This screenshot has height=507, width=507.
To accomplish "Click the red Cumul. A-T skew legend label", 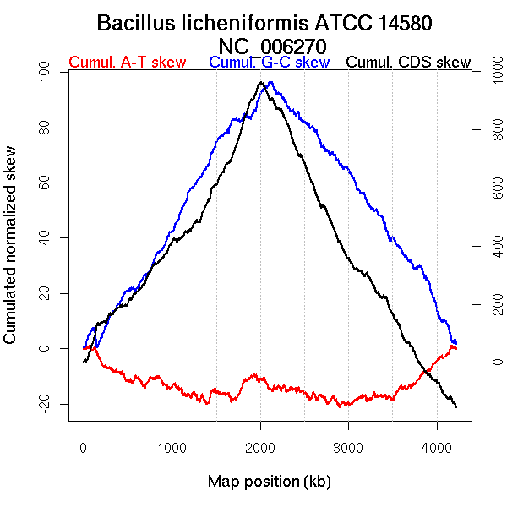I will [x=126, y=63].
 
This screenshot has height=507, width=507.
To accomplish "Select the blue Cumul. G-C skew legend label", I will [x=269, y=63].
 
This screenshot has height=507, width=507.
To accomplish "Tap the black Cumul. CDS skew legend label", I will [x=408, y=63].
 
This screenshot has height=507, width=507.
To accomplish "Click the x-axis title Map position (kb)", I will [x=269, y=482].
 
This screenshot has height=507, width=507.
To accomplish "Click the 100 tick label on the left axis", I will [x=46, y=73].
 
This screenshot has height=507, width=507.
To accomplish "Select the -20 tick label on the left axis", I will [x=46, y=403].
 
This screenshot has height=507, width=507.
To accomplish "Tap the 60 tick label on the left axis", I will [x=46, y=183].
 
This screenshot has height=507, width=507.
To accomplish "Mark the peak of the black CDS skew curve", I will [x=261, y=82].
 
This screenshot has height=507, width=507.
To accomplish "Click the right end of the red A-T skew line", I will [x=456, y=347].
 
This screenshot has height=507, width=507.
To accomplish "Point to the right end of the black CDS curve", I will [x=456, y=407].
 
